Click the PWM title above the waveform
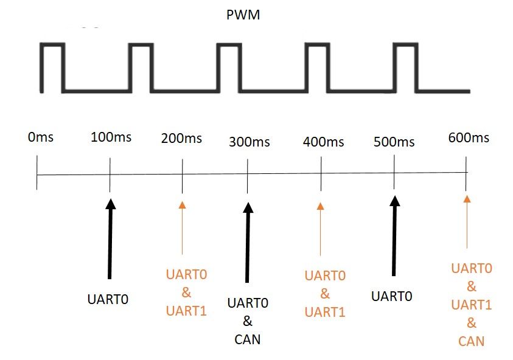click(x=243, y=15)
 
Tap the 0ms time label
click(x=41, y=137)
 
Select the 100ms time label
click(x=111, y=137)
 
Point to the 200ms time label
click(x=181, y=138)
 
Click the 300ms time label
click(x=250, y=142)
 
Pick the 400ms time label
click(x=323, y=142)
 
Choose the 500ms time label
click(x=394, y=142)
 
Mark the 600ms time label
click(x=469, y=137)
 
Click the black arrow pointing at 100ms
click(x=110, y=239)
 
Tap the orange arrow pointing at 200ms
click(x=182, y=228)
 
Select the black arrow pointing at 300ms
click(x=248, y=242)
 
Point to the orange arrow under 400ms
click(x=320, y=229)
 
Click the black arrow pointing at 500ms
click(x=394, y=236)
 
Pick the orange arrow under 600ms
click(x=467, y=222)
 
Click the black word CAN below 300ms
click(x=247, y=339)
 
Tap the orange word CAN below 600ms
click(x=471, y=341)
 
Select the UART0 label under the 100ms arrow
click(x=108, y=299)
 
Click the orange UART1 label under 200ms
click(x=186, y=311)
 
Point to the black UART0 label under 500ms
click(x=392, y=296)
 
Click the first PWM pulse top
click(x=52, y=44)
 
